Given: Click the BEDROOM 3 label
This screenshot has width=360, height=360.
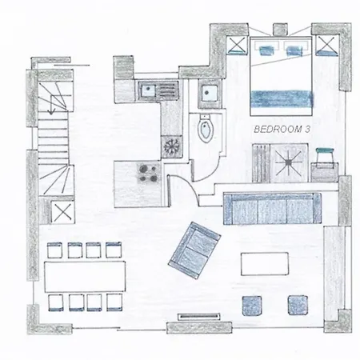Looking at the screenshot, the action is (282, 130).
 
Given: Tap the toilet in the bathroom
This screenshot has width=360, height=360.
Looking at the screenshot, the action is (206, 129).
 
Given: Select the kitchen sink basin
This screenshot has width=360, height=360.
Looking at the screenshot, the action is (147, 90).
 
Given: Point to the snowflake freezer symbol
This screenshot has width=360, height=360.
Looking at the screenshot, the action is (171, 146).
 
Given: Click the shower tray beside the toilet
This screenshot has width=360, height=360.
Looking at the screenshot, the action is (210, 94).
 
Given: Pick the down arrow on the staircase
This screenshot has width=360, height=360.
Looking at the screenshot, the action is (51, 105).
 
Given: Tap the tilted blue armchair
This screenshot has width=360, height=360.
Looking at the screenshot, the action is (194, 250).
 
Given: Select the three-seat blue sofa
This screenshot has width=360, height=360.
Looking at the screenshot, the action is (272, 209).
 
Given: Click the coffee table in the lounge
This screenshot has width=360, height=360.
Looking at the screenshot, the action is (265, 264).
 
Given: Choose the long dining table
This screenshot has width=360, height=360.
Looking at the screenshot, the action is (85, 277).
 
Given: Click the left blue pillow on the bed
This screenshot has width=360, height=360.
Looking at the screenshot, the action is (266, 50).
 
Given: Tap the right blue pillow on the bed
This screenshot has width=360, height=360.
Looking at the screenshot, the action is (294, 50).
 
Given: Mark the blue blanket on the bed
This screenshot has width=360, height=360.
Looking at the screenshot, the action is (282, 98).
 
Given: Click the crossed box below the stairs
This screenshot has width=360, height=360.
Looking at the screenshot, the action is (62, 212).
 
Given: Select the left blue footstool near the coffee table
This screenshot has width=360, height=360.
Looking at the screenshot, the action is (252, 306).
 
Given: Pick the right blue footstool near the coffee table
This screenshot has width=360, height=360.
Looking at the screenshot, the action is (298, 305).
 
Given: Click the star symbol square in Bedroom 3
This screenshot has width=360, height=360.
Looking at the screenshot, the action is (289, 162).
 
